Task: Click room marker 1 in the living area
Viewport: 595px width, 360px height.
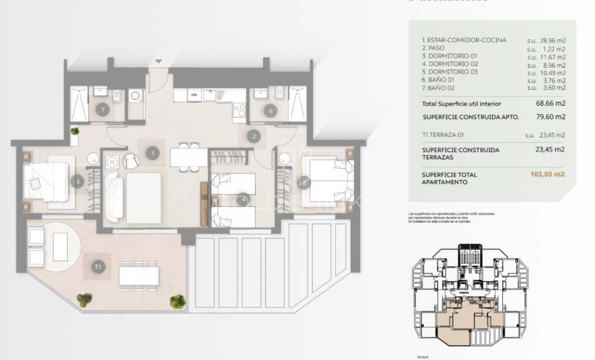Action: pyautogui.click(x=153, y=153)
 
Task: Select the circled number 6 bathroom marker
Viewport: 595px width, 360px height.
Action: pyautogui.click(x=270, y=110)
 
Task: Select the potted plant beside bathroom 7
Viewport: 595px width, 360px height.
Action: pyautogui.click(x=75, y=131)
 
